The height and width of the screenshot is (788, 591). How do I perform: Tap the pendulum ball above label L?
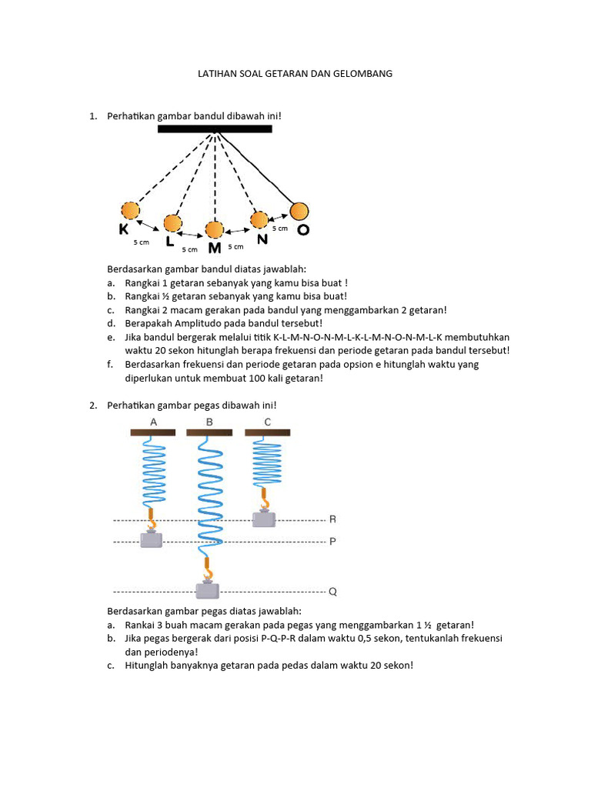[173, 224]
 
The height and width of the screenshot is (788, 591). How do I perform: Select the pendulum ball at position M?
[214, 229]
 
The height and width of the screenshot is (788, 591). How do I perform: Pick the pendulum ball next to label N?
[259, 220]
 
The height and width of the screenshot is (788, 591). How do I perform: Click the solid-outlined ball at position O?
[299, 211]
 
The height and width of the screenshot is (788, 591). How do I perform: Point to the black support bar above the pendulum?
[215, 129]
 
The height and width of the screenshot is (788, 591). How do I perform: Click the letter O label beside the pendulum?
[303, 230]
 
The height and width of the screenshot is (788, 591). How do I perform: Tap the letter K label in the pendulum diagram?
[124, 229]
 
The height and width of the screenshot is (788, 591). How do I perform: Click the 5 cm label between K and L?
[141, 242]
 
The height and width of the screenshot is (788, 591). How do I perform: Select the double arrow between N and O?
[279, 216]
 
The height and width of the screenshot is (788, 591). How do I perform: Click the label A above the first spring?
[154, 422]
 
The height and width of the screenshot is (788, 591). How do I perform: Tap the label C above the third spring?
[267, 422]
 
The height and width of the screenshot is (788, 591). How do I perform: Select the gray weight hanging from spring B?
[207, 590]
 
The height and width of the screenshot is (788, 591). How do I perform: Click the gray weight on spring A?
[152, 539]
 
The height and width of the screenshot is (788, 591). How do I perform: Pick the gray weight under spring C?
[264, 519]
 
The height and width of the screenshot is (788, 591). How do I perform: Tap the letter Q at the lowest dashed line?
[332, 593]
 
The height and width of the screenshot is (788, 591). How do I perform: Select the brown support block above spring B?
[209, 433]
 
